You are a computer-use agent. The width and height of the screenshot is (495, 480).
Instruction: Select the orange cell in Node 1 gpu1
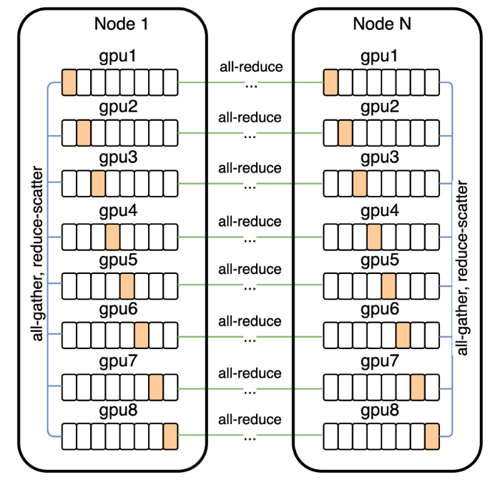tap(69, 83)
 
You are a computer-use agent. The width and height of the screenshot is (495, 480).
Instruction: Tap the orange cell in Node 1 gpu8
tap(170, 435)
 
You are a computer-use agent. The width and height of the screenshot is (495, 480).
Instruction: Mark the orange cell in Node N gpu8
tap(431, 435)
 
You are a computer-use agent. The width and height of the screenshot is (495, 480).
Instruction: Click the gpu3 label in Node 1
tap(119, 157)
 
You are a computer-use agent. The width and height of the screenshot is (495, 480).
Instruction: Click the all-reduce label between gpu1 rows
tap(250, 68)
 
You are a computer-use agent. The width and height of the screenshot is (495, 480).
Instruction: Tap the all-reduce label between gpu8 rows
tap(250, 420)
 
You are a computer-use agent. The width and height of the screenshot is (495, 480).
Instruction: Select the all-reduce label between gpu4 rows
tap(250, 221)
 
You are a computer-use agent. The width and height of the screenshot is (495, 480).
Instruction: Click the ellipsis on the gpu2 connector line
tap(250, 134)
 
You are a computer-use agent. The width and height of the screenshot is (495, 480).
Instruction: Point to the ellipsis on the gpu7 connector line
tap(250, 391)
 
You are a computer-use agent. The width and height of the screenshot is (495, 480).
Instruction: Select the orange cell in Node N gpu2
tap(345, 133)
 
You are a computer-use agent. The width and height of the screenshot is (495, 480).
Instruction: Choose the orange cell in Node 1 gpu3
tap(98, 184)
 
